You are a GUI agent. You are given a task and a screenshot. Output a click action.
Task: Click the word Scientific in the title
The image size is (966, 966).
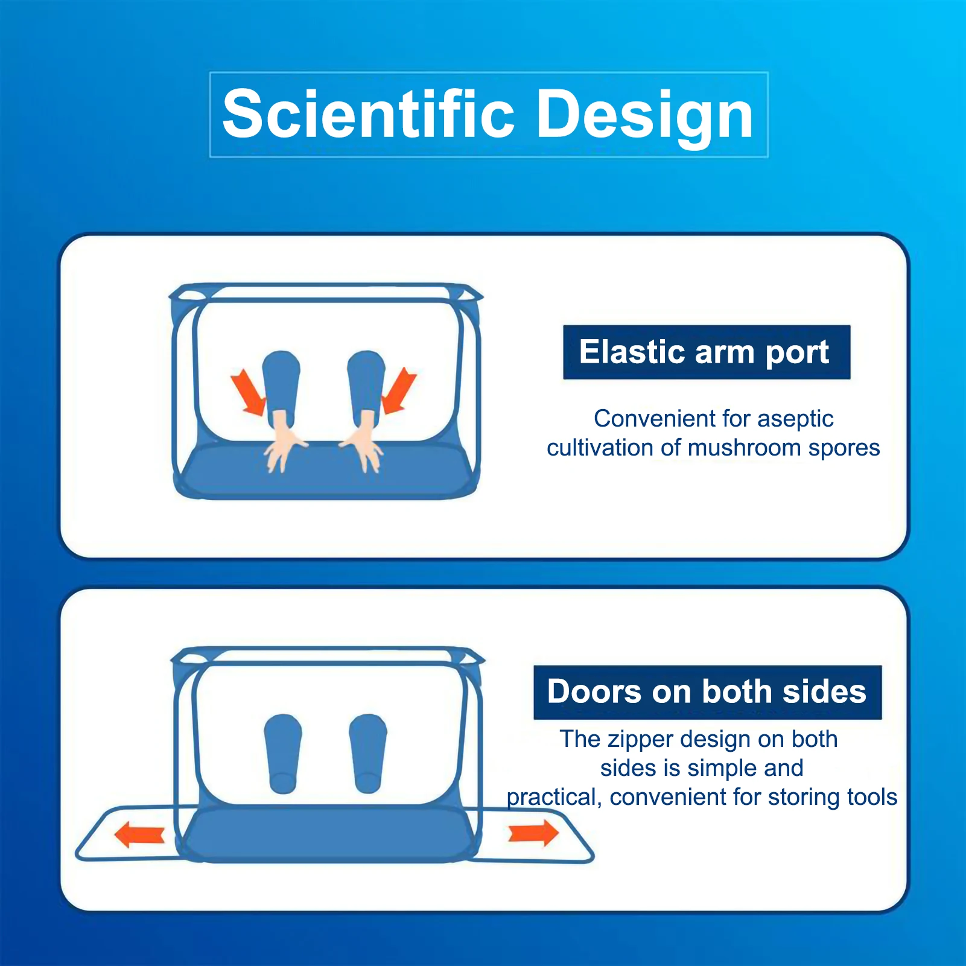(369, 113)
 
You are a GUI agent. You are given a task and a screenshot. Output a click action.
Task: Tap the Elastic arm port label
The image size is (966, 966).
(707, 352)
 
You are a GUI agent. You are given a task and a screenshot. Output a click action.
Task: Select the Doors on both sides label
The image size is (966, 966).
(707, 692)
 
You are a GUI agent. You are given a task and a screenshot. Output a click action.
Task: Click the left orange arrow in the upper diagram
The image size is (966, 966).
(248, 392)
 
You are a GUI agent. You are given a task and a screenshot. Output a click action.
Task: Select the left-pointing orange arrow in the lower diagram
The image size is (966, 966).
(139, 835)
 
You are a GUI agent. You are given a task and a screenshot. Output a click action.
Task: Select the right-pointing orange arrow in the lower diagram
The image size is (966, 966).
(533, 833)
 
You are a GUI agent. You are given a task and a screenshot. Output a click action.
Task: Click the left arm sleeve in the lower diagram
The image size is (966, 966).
(283, 754)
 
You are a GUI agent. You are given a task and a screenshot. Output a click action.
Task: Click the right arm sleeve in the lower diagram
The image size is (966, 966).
(368, 754)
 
